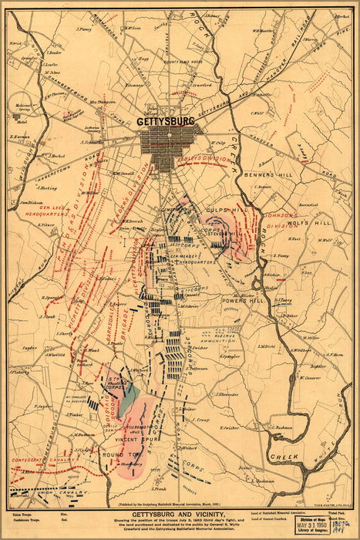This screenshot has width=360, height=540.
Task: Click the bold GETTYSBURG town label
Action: tap(165, 121)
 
